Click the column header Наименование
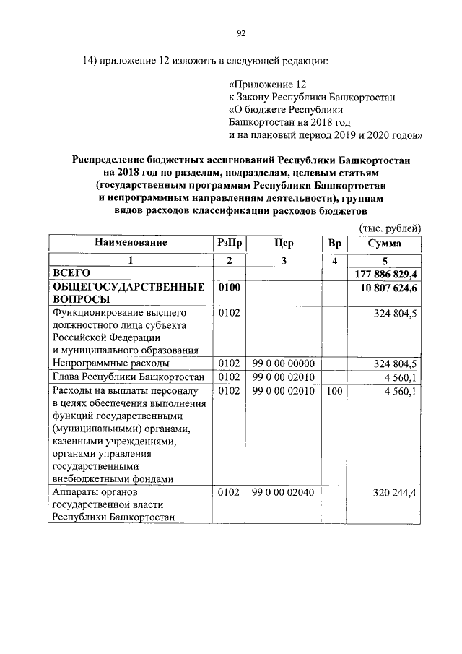tap(131, 243)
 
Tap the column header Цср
tap(284, 243)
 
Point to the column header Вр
tap(334, 243)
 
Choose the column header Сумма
tap(385, 243)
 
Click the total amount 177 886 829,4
tap(388, 274)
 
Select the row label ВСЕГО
tap(71, 274)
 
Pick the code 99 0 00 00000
tap(284, 363)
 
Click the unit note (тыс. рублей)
tap(390, 228)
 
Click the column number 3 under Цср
tap(284, 260)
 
